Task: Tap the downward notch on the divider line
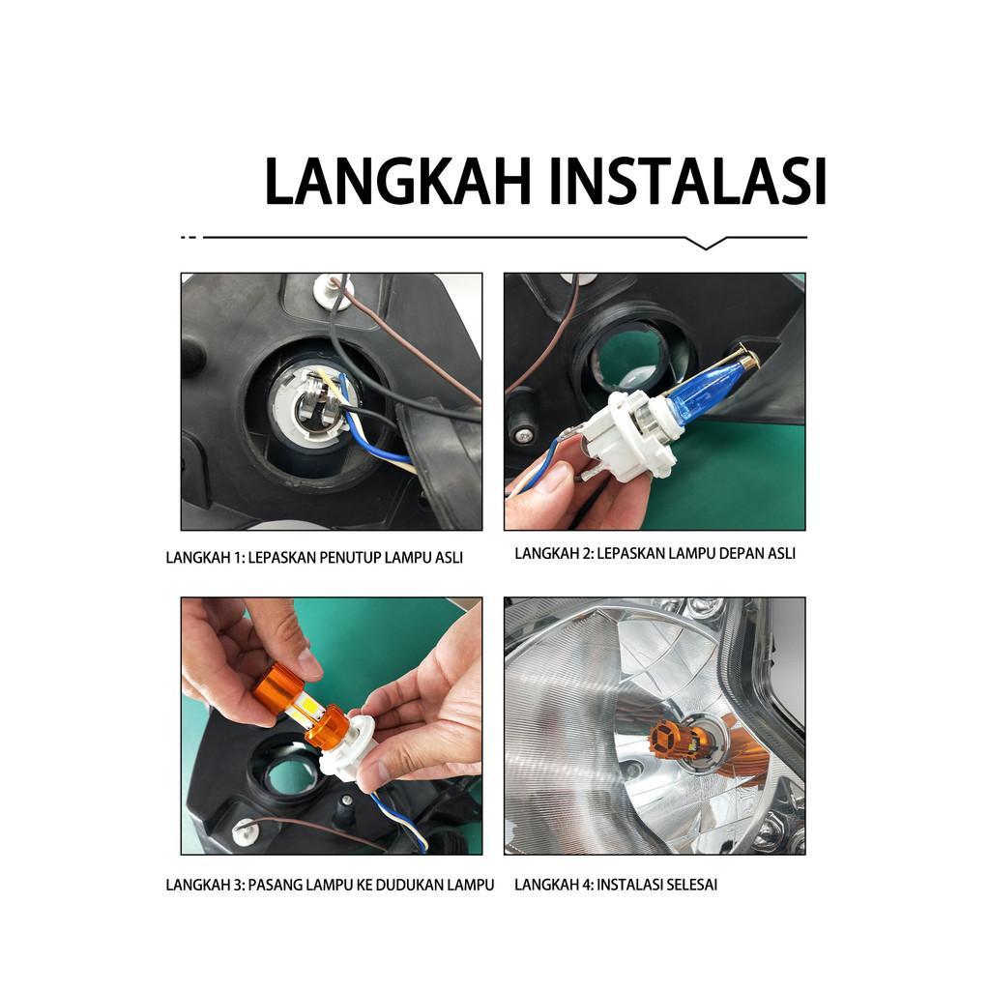(706, 243)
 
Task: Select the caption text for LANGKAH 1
(314, 558)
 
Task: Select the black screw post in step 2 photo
(523, 415)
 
